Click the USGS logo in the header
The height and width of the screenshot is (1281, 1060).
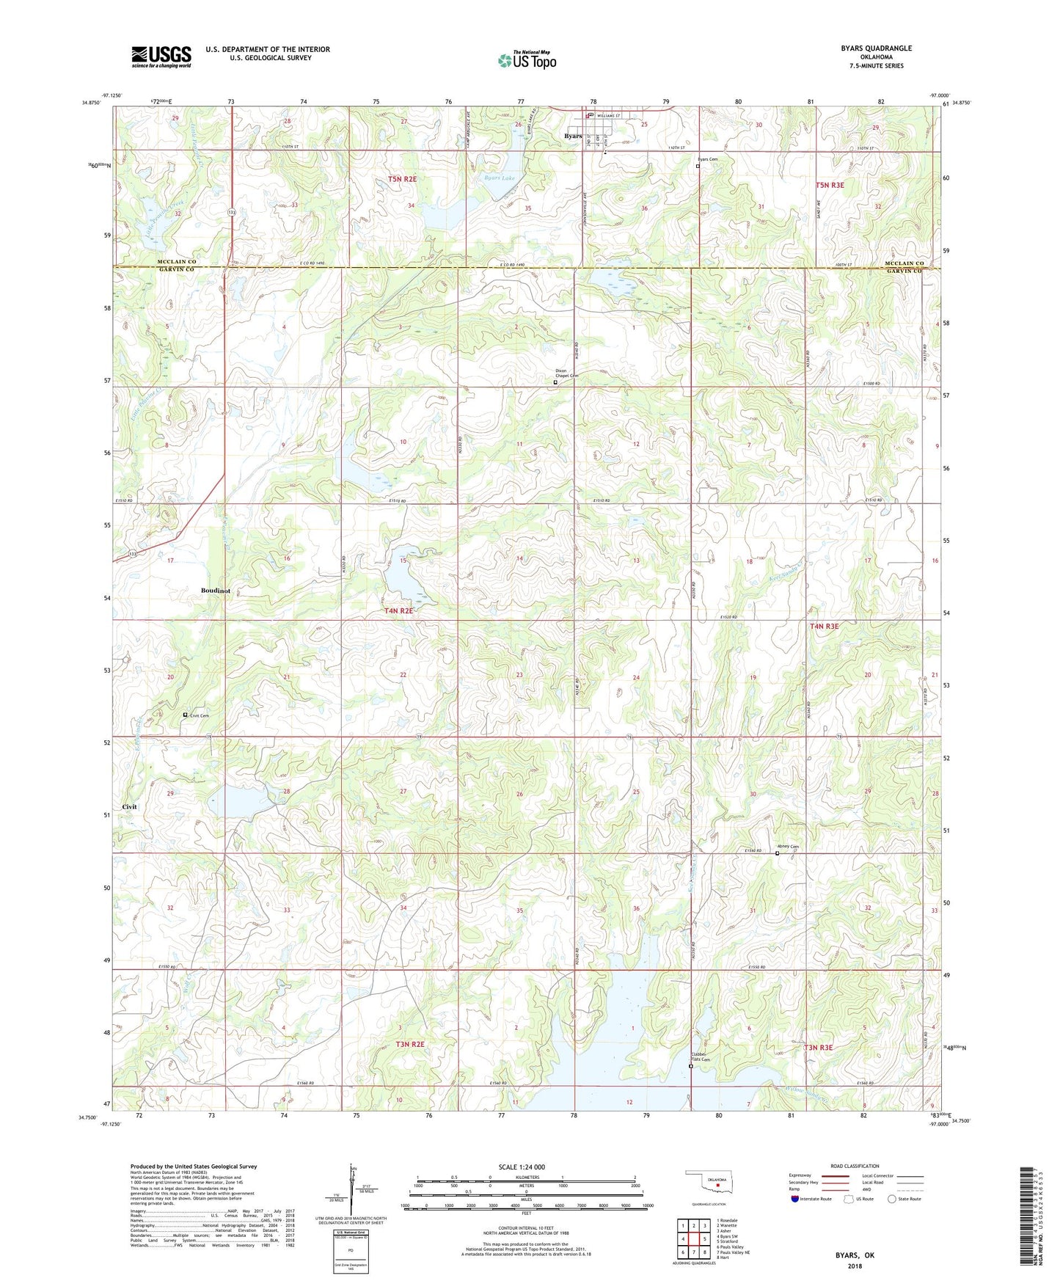(x=161, y=56)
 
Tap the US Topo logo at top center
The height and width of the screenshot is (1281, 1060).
(x=527, y=60)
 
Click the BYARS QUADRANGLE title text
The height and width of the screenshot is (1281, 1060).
(x=876, y=48)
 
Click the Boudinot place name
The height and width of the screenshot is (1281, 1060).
(x=216, y=591)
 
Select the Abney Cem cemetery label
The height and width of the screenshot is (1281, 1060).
(x=789, y=847)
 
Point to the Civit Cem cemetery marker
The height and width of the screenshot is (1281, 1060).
(x=185, y=715)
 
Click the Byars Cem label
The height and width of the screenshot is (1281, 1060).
(x=707, y=159)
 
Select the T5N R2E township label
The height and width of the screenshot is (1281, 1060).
(x=402, y=179)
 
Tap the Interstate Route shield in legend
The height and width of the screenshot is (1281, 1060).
(x=795, y=1200)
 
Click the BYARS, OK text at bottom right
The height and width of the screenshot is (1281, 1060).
(x=855, y=1255)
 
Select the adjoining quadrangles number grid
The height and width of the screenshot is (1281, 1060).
(x=693, y=1239)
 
